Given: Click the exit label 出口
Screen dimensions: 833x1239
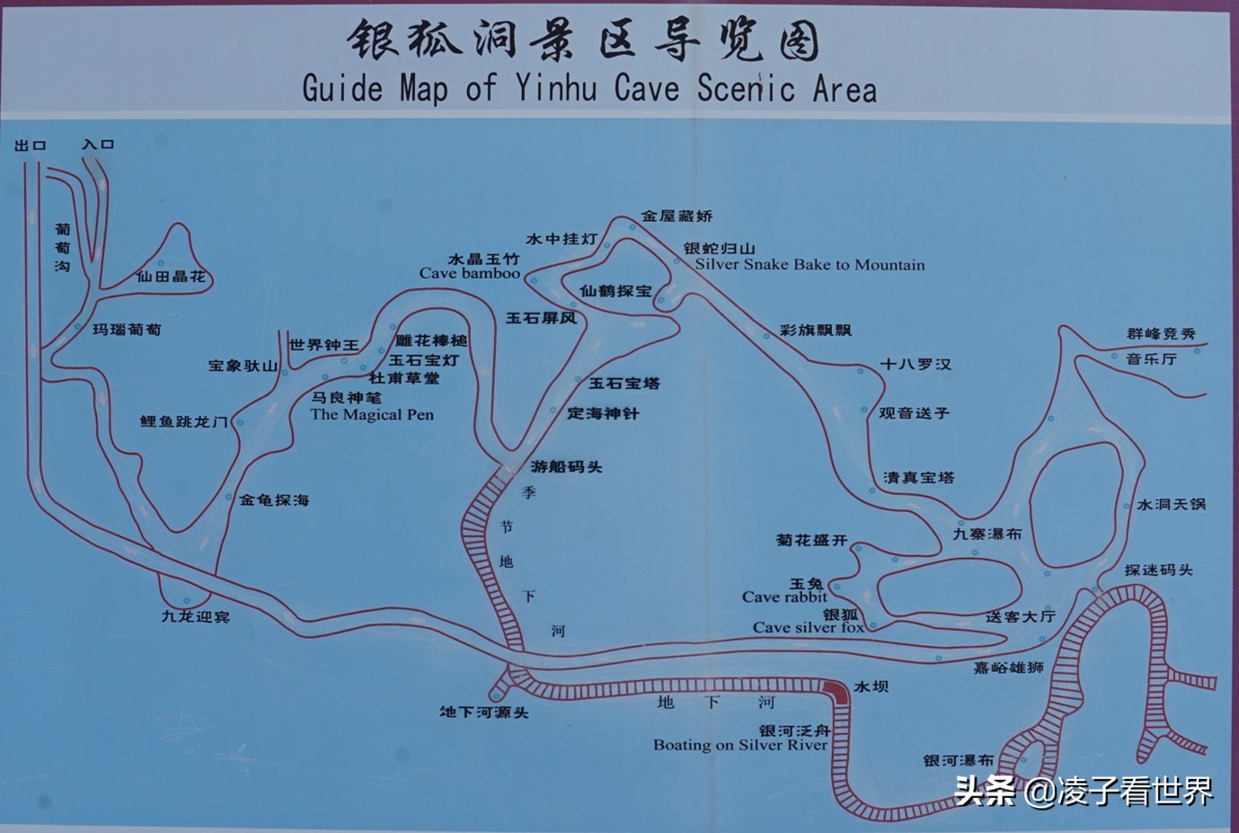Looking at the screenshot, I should (31, 146).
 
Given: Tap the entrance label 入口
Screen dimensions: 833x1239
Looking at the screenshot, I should (98, 145).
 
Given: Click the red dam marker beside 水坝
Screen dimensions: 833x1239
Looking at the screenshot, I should (836, 691).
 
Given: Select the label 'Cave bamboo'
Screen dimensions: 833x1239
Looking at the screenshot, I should (469, 273).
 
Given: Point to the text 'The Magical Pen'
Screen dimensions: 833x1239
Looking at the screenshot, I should (372, 414).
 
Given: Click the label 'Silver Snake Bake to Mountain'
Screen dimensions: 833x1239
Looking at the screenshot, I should (810, 264).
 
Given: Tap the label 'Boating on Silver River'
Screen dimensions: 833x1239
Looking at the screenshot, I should (740, 745).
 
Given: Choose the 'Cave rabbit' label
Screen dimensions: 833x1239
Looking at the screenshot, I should (784, 597).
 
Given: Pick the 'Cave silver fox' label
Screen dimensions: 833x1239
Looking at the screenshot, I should (809, 627).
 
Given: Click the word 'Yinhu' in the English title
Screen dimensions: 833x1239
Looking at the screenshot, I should (556, 88).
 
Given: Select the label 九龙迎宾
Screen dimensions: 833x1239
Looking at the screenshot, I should (196, 617).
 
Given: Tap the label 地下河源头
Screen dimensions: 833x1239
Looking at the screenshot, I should (484, 713).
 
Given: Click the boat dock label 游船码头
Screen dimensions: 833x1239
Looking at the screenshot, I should (566, 466).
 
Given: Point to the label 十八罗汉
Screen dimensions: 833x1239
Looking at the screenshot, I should (916, 364).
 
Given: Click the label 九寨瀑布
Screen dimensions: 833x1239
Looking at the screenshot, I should (987, 534).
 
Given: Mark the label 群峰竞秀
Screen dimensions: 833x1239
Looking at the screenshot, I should (1162, 333).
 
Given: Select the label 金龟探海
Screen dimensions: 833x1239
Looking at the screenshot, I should (274, 500).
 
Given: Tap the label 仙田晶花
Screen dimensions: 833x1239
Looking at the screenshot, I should (171, 277).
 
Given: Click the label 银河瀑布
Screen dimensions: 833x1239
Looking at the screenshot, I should (959, 760).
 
